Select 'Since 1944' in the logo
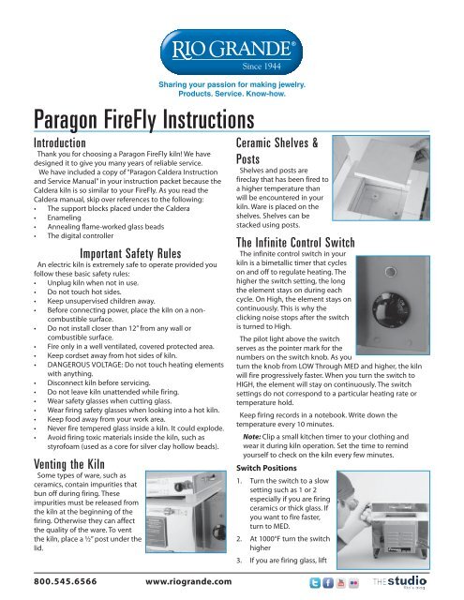pyautogui.click(x=269, y=68)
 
